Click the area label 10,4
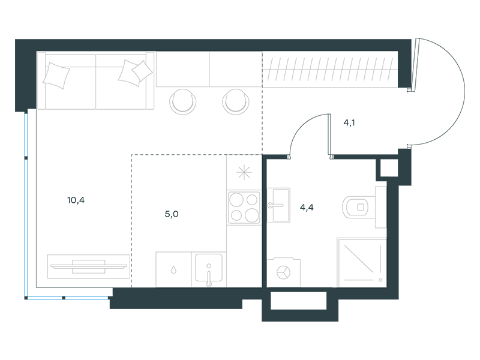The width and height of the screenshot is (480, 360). pos(76,200)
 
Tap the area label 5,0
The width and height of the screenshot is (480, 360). pos(172,214)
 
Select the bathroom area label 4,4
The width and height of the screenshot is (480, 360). pos(307,208)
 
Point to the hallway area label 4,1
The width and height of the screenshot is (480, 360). pos(349,123)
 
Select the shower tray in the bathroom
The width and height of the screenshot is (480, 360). pos(362,262)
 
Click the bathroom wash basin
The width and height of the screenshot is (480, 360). pos(278,205)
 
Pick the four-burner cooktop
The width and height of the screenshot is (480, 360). pos(244,208)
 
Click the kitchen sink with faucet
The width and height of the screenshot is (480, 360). pos(209,269)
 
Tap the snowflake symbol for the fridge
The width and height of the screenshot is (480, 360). pos(244,172)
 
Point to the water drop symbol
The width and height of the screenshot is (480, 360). pos(173,269)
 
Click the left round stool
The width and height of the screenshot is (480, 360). pos(183,102)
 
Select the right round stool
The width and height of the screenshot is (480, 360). pos(236,102)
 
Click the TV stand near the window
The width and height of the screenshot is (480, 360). pos(88,266)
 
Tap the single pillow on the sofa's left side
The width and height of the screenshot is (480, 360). pos(56,76)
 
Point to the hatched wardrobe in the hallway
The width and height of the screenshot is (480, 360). pos(330,70)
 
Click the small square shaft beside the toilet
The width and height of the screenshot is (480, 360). pos(389,168)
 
